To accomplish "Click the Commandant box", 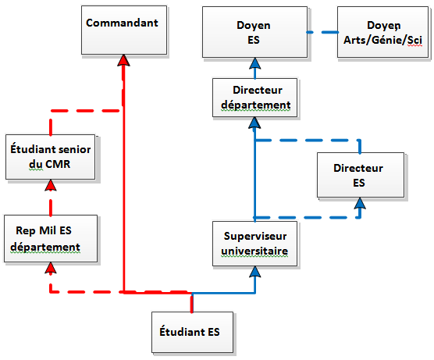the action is coord(124,30).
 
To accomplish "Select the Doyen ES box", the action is coord(254,32).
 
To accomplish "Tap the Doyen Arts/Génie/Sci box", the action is coord(382,32).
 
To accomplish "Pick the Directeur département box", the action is coord(254,98).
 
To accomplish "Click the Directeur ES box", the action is coord(361,175).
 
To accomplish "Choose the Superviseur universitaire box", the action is coord(254,244).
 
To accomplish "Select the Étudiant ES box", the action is coord(192,333).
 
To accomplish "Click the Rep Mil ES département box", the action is coord(51,238).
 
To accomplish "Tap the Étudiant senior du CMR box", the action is coord(51,157).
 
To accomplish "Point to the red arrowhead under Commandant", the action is coord(123,60).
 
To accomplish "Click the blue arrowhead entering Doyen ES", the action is coord(255,63).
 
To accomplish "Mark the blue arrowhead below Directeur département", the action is coord(254,123).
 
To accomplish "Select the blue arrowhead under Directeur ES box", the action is coord(360,203).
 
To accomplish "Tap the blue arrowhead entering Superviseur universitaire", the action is coord(255,272).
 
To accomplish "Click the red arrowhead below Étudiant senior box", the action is coord(51,185).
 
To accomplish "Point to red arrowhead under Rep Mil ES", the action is coord(51,268).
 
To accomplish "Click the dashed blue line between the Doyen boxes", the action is coord(322,32).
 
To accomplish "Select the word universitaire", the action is coord(254,251).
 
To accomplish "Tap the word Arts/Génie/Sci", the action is coord(383,40).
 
